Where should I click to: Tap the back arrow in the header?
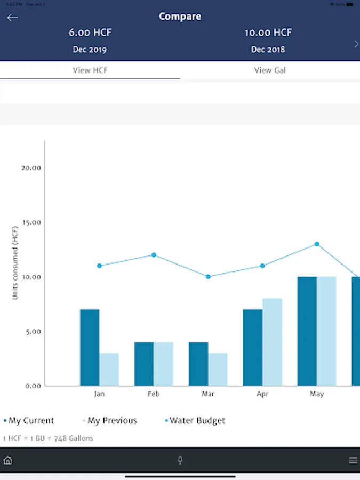click(x=12, y=18)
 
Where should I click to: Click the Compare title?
click(x=180, y=17)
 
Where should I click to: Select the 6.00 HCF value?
click(x=90, y=33)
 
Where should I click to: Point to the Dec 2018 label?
click(x=268, y=50)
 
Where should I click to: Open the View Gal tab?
click(x=270, y=70)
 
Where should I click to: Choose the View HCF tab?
click(x=90, y=70)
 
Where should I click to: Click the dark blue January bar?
click(x=90, y=347)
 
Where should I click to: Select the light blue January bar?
click(x=109, y=369)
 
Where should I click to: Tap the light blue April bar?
click(x=272, y=342)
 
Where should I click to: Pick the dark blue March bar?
click(x=198, y=364)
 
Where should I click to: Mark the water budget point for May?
click(x=317, y=244)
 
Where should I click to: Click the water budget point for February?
click(x=154, y=255)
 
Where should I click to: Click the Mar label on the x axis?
click(x=208, y=395)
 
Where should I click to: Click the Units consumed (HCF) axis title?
click(x=16, y=263)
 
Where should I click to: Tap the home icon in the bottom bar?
click(x=7, y=460)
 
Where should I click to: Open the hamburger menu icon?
click(x=353, y=460)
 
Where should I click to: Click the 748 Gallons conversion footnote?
click(x=48, y=438)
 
